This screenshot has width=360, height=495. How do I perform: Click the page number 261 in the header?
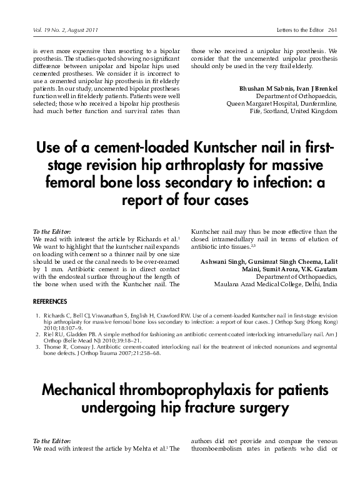(332, 31)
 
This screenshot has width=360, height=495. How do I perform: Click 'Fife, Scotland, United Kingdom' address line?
(294, 112)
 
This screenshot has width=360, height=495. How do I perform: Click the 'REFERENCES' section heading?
(51, 301)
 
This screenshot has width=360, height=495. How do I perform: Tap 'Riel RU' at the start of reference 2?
(52, 336)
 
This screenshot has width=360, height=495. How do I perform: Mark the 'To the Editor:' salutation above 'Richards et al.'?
(51, 231)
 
